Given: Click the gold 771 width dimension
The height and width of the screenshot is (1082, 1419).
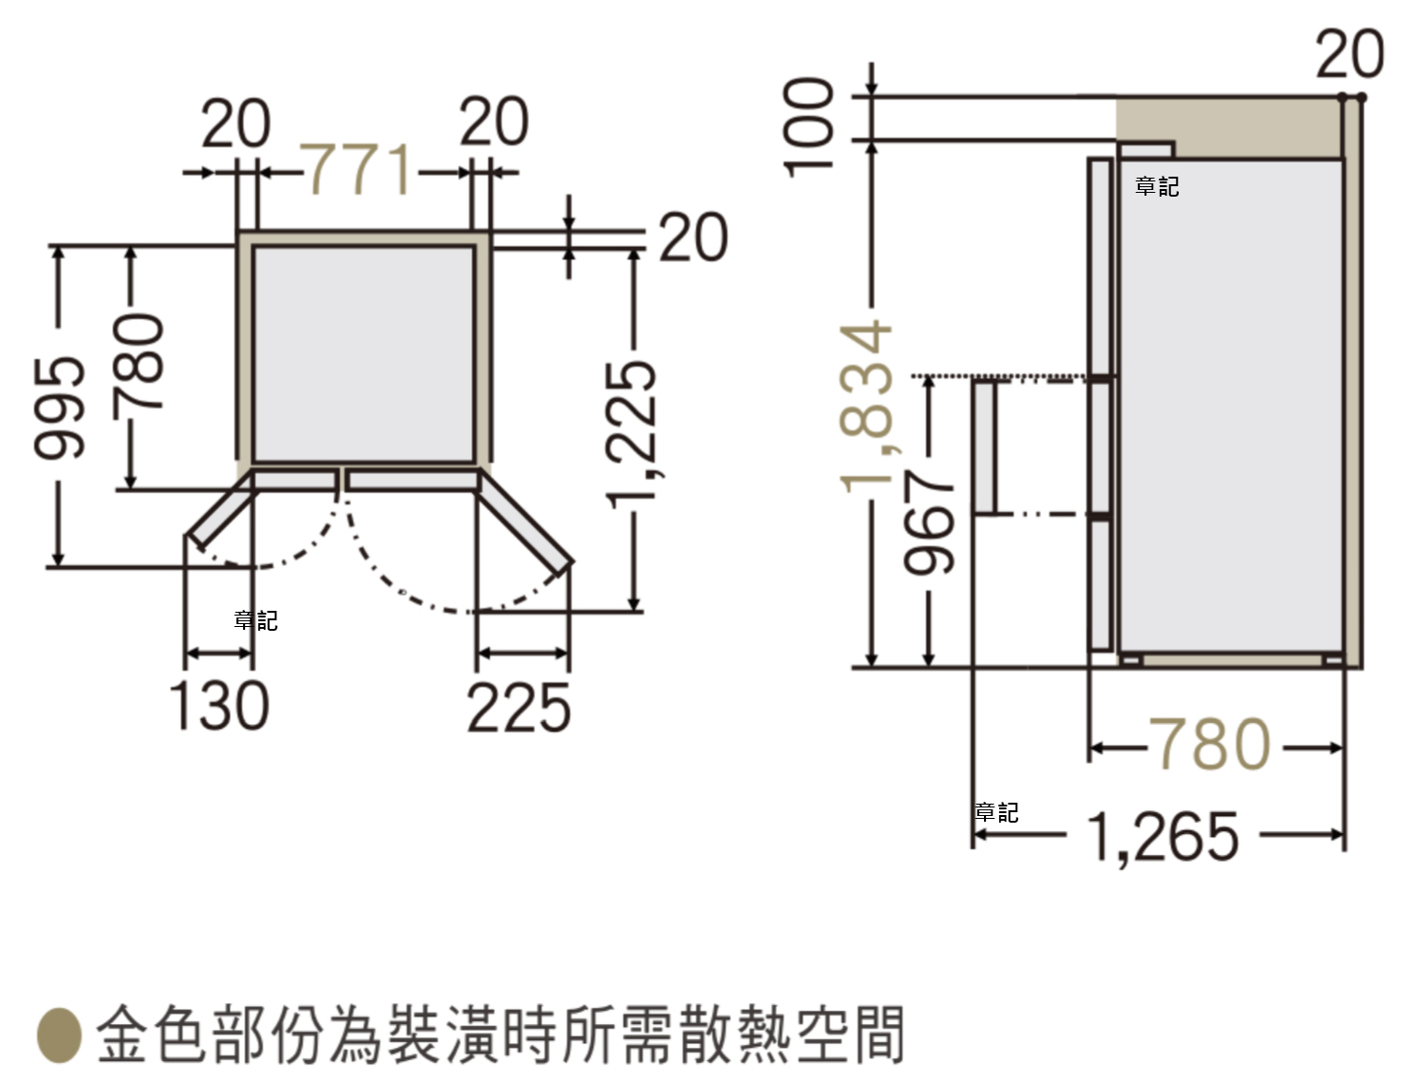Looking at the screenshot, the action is pos(359,169).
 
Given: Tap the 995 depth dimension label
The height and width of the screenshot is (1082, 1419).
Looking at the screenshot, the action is pos(59,408).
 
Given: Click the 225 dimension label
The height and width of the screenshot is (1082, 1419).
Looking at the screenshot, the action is pos(519,708).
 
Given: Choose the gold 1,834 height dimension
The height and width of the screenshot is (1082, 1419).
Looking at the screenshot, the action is pos(866,408).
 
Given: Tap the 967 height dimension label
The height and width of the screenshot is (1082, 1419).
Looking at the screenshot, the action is pos(928,522).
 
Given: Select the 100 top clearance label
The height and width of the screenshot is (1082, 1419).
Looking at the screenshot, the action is pos(807,126).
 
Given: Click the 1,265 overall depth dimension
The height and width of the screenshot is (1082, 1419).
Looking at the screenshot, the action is pos(1163,837).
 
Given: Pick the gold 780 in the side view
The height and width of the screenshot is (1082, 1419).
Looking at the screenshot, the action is pos(1210,744).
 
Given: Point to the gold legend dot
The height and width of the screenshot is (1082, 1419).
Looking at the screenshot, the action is pos(60,1035).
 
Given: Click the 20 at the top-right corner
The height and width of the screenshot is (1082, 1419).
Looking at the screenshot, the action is pos(1350,53).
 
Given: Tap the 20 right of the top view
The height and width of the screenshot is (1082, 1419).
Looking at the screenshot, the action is pos(693,237).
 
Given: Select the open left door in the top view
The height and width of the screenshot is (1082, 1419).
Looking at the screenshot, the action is pos(219,511).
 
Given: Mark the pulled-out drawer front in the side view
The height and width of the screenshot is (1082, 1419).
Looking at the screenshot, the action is pos(985,448).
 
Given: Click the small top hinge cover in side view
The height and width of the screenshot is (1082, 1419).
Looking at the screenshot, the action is pos(1146,150).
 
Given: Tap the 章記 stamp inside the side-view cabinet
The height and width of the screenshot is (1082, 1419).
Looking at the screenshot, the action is pos(1157,187).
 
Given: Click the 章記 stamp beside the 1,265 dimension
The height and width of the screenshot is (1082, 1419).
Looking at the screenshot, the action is pos(996,812).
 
